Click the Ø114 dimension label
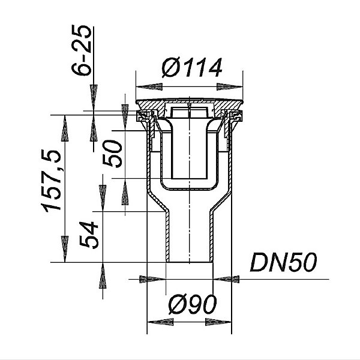192,67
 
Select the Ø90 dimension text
193,304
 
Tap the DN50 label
284,262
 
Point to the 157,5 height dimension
51,181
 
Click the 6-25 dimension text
81,50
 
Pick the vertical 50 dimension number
112,154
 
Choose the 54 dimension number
89,235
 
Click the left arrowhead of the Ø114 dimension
149,87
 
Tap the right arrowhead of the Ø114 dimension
230,87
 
